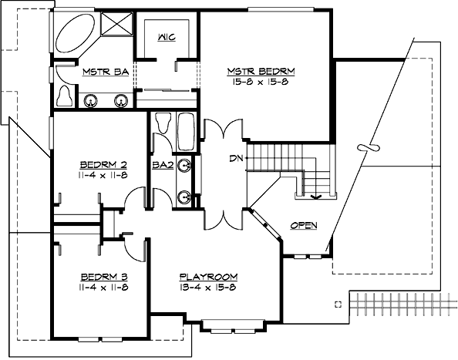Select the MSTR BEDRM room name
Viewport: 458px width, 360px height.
tap(261, 72)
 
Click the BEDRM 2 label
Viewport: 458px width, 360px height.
tap(103, 164)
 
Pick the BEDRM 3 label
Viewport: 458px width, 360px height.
tap(103, 277)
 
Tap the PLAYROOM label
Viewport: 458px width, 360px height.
tap(208, 277)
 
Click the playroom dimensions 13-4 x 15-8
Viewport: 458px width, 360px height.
tap(208, 287)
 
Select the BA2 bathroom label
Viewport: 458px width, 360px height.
tap(161, 165)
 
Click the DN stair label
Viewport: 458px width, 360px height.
tap(237, 159)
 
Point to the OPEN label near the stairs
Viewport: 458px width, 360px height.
tap(304, 225)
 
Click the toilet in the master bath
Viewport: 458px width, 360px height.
tap(66, 95)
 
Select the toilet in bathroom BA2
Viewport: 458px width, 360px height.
tap(162, 123)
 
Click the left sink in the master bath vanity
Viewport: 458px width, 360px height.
tap(91, 99)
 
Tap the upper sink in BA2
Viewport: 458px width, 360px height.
tap(185, 166)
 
